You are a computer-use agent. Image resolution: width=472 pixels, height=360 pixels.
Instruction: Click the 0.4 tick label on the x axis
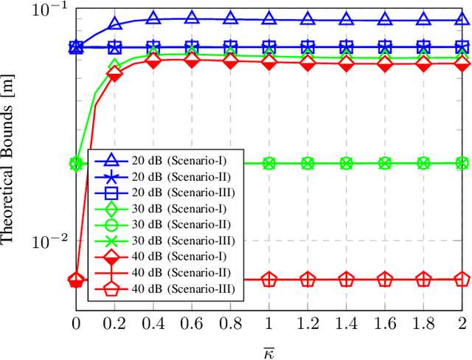point(153,323)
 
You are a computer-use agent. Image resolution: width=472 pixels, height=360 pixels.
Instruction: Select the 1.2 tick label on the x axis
point(308,323)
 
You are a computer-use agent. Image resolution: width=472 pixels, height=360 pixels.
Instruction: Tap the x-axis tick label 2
point(462,323)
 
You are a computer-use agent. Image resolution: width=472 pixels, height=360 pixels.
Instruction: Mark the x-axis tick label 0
point(76,323)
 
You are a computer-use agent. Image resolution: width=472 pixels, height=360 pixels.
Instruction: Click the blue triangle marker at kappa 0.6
point(192,18)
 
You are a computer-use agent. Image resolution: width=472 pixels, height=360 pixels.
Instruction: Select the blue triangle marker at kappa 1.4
point(346,18)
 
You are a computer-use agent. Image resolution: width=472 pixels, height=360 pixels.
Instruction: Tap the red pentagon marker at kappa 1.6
point(385,280)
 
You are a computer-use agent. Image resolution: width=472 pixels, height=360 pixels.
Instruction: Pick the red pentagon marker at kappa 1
point(269,280)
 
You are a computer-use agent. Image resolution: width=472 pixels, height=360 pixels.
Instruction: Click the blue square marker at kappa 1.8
point(423,46)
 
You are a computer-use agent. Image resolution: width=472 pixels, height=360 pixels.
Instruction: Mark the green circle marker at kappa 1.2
point(308,163)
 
